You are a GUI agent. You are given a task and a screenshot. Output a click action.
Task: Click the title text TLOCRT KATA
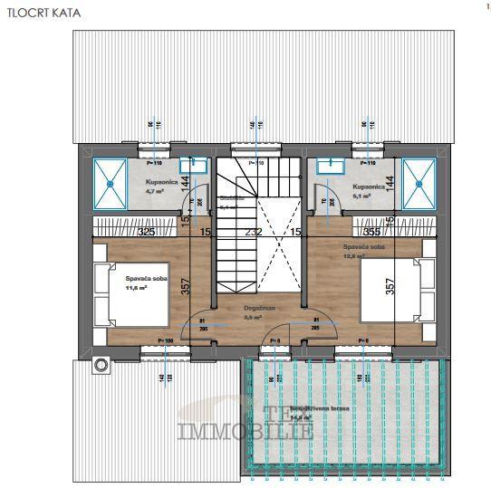click(33, 14)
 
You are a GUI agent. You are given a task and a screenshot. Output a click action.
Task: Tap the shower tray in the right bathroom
click(419, 183)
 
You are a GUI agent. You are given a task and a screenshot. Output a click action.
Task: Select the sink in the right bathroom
click(328, 166)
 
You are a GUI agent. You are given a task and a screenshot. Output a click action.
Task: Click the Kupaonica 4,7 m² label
click(161, 187)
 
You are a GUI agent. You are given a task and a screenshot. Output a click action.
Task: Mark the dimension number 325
click(146, 233)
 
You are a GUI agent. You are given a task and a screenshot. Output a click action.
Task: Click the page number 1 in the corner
click(476, 6)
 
